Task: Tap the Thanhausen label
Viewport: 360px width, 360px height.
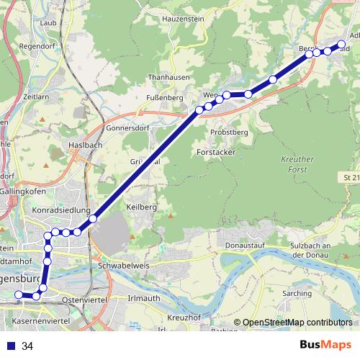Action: coord(148,77)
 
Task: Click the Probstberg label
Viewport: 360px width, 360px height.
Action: coord(229,132)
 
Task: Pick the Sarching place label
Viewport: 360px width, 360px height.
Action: coord(298,294)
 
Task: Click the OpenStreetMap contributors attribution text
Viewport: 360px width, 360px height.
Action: coord(297,323)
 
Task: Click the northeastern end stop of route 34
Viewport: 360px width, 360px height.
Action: coord(343,42)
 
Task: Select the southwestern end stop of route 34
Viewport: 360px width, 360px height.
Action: coord(19,295)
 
